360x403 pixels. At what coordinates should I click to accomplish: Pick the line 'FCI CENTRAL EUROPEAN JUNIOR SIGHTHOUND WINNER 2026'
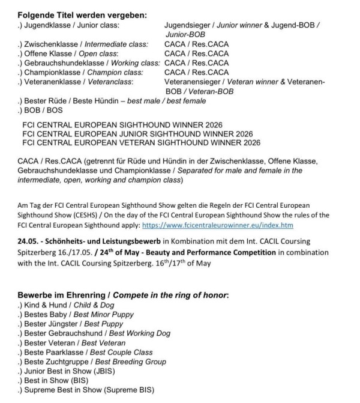[137, 133]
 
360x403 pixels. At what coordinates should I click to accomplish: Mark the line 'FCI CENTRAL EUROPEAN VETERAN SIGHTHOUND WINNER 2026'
[138, 143]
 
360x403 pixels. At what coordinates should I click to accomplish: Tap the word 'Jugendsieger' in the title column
[187, 25]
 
